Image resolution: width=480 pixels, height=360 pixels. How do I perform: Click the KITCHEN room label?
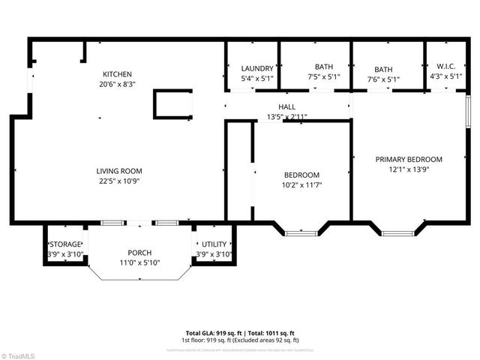point(117,74)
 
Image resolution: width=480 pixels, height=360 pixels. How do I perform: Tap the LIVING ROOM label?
point(118,171)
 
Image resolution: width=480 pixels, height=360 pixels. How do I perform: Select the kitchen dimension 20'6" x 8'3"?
point(117,85)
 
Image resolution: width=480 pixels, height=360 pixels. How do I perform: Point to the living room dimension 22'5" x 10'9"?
point(118,181)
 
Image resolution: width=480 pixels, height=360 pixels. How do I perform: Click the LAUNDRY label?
point(252,67)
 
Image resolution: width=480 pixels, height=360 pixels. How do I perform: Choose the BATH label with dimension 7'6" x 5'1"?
point(383,68)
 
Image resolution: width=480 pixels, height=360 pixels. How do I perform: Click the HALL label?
point(286,106)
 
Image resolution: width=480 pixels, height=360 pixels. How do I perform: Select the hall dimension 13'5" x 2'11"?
point(286,116)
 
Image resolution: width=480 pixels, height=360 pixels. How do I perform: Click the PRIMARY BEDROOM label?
point(409,159)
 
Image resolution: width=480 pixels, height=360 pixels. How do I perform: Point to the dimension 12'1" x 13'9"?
point(409,169)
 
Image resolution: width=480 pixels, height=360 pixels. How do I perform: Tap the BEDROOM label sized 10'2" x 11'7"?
point(301,175)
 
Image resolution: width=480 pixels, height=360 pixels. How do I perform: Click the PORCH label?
point(140,252)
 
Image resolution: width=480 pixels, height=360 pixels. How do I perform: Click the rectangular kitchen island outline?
point(172,104)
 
